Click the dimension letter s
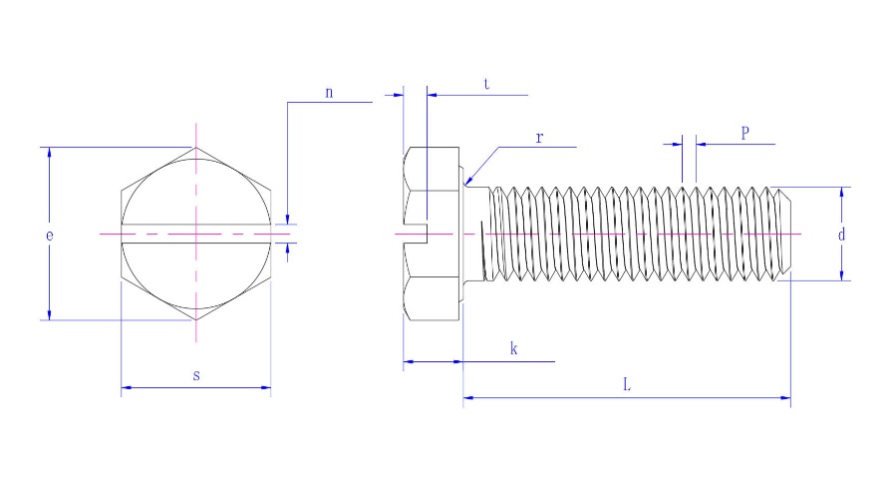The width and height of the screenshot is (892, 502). tap(196, 375)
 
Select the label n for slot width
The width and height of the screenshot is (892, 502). tap(329, 92)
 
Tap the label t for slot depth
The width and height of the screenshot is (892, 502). tap(485, 86)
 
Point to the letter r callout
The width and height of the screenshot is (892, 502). tap(538, 137)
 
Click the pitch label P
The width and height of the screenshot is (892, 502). tap(744, 133)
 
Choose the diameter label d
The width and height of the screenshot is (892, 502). tap(842, 236)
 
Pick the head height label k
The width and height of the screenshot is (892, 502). tap(513, 349)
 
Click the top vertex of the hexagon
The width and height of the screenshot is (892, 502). tap(196, 148)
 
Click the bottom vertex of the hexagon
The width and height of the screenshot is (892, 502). tap(196, 320)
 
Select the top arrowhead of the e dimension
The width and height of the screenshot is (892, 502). tap(49, 153)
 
